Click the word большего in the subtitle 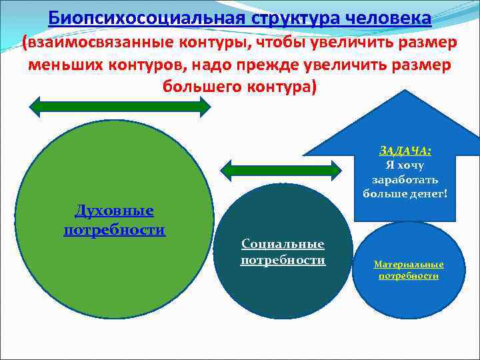(200, 87)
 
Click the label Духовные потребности (114, 221)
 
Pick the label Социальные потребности (283, 252)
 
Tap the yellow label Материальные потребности (409, 269)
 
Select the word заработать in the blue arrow (405, 179)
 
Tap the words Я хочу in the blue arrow (405, 165)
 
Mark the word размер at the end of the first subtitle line (424, 43)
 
